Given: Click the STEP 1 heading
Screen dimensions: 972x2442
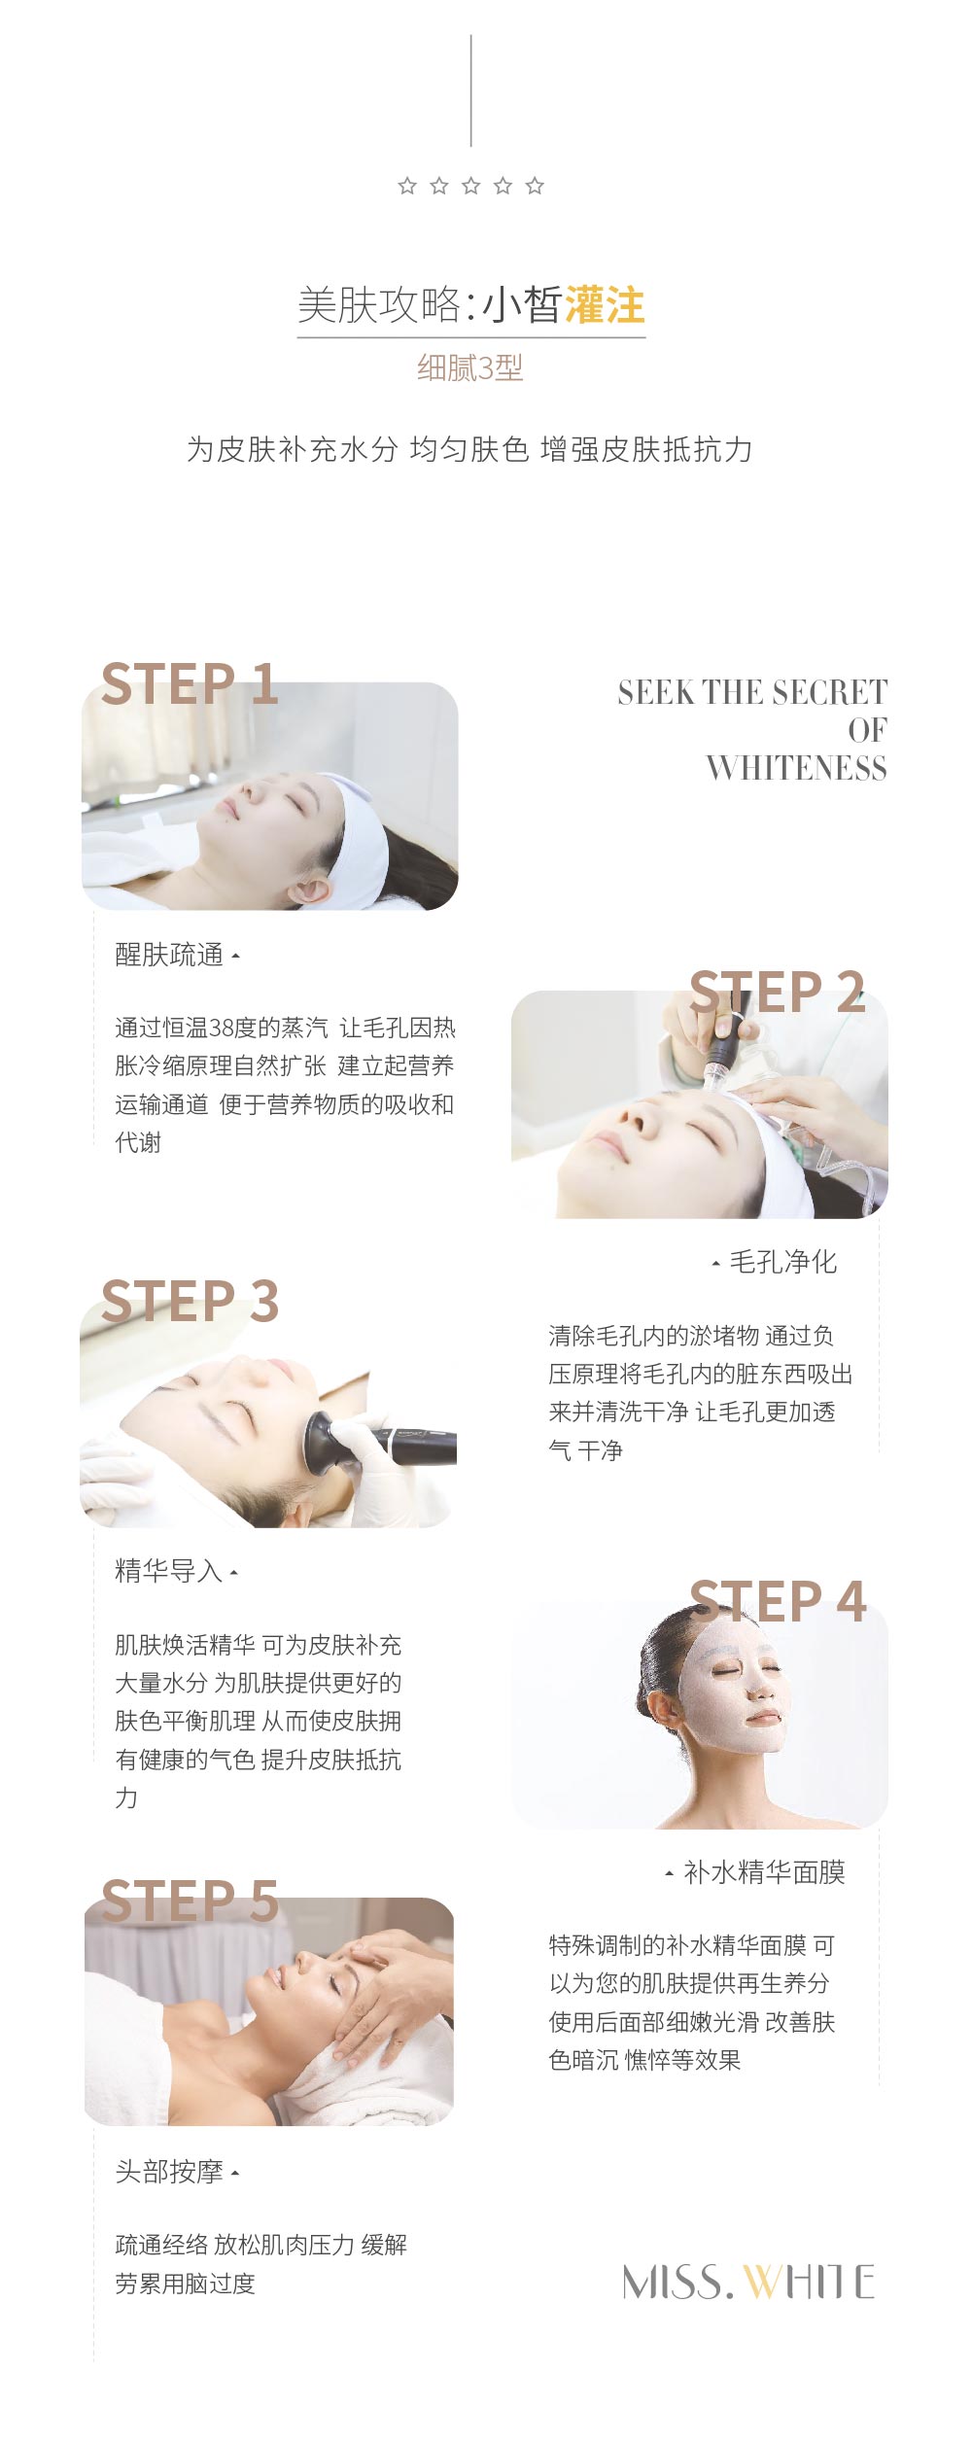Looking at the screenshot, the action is pyautogui.click(x=190, y=683).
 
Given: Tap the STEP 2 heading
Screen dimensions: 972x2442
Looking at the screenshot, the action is pyautogui.click(x=777, y=992).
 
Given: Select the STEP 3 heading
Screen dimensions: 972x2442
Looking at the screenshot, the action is pyautogui.click(x=190, y=1301).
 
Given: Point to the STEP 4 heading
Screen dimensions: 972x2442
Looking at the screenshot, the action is pyautogui.click(x=778, y=1601).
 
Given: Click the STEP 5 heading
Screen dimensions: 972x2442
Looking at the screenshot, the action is pyautogui.click(x=190, y=1901).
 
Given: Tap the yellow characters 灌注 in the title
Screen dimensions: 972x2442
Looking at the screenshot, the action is pyautogui.click(x=604, y=305).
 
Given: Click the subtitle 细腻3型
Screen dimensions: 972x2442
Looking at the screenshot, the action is pyautogui.click(x=470, y=367).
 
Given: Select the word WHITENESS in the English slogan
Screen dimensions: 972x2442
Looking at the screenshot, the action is pyautogui.click(x=796, y=768).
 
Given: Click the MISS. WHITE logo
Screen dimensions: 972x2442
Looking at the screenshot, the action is pyautogui.click(x=748, y=2282).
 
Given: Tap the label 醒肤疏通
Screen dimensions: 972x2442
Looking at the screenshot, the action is pyautogui.click(x=169, y=955).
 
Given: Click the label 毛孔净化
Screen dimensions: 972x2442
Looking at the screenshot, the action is pyautogui.click(x=783, y=1262).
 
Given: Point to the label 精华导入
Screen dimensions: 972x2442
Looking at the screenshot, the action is pyautogui.click(x=169, y=1570).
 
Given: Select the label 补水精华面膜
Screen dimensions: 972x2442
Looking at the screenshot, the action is pyautogui.click(x=765, y=1871).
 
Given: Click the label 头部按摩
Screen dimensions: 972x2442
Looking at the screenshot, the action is pyautogui.click(x=169, y=2171).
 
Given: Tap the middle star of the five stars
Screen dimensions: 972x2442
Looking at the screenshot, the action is pyautogui.click(x=471, y=186).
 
